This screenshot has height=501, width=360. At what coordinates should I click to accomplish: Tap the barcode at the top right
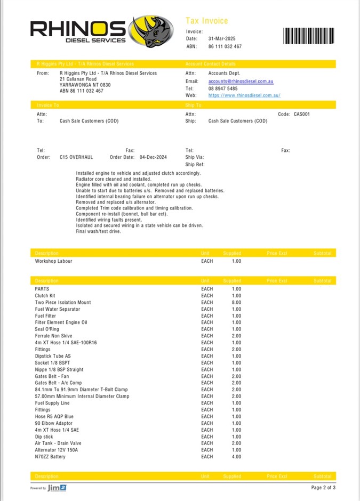309,36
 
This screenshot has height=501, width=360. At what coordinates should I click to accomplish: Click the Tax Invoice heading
206,21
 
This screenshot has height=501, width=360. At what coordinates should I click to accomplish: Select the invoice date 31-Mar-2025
222,39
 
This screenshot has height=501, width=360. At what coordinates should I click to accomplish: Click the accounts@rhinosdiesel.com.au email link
241,82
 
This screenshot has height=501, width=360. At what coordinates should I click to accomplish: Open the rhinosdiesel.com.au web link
244,95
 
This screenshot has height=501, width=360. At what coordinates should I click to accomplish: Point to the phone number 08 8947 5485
223,88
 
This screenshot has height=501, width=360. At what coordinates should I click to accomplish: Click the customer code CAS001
301,114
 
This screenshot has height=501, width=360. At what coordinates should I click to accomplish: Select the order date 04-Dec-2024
153,157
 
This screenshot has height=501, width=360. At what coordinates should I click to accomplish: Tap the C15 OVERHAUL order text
76,157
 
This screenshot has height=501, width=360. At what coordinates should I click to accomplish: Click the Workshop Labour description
53,261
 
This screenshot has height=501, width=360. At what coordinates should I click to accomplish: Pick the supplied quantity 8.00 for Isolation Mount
236,302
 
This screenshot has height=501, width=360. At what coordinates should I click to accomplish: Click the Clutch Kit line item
45,296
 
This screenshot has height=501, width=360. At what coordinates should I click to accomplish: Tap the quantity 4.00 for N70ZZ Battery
236,457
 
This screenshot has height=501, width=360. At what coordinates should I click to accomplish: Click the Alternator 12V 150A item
56,450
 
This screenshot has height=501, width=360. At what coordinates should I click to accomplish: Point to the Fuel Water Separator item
58,309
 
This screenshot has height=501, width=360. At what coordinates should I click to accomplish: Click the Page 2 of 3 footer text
323,488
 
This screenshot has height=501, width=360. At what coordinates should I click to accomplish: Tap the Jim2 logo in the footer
57,488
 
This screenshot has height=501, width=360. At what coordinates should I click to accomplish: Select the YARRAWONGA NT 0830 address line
85,85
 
